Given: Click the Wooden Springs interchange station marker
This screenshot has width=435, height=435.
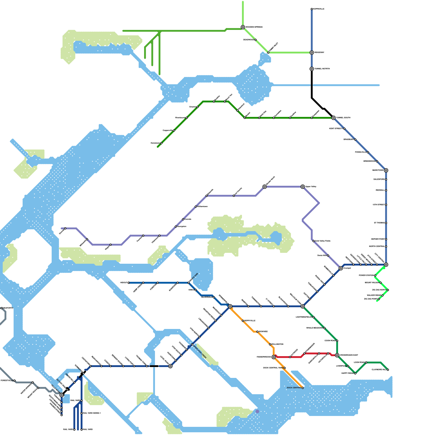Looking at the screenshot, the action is point(243,27).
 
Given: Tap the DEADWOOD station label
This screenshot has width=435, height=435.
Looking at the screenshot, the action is point(248,40).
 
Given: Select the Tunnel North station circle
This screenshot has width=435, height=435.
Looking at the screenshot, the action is point(312,69).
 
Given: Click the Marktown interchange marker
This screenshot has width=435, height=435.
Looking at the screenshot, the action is point(386,170).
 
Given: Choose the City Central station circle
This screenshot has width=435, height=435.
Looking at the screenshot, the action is point(386,265).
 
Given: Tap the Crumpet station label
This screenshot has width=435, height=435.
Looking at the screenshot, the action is point(347,268).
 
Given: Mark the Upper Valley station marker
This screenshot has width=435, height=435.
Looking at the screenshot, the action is point(303,187).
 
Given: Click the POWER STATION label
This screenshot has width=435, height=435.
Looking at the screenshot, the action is point(366,275).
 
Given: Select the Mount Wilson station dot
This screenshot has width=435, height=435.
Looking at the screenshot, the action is point(381,283).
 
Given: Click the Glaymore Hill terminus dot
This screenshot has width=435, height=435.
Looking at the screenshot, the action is point(388,370).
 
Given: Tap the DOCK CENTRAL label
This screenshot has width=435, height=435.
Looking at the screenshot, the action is point(294,388).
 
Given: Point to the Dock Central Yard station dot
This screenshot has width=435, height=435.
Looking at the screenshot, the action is point(285,368).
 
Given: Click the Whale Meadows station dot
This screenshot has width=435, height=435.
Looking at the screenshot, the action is point(324,328).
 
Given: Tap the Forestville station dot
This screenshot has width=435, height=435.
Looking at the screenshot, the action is point(14,381).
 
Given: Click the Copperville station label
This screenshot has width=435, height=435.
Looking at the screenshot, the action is point(167,130).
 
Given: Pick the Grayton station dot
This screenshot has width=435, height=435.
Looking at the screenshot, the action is point(198,107).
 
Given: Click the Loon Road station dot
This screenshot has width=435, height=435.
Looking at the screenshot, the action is point(366,362).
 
